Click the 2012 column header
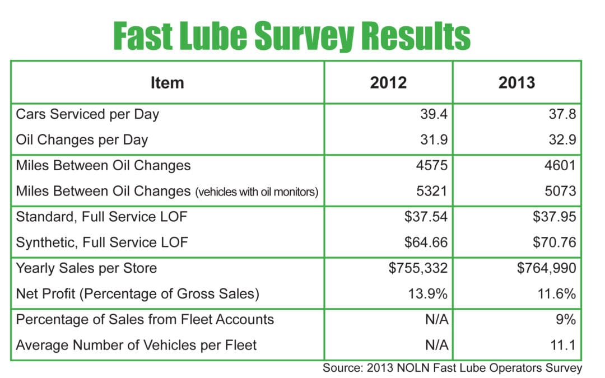pos(388,83)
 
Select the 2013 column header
pos(516,83)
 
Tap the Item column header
pos(167,83)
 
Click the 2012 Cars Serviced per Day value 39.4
pos(434,115)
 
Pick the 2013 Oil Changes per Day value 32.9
pos(562,139)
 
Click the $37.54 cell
pos(426,217)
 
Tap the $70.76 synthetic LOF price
pos(554,242)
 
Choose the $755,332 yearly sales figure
pos(418,268)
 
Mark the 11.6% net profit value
pos(557,293)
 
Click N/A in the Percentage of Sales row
pos(436,319)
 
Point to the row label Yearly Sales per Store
pos(86,268)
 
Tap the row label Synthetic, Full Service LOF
pos(102,242)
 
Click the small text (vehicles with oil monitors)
pos(257,192)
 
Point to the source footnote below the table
pos(452,368)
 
